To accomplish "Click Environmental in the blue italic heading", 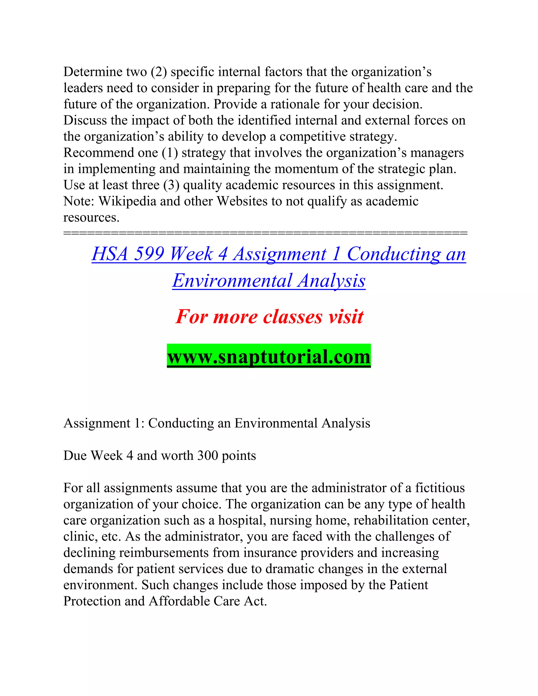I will coord(232,281).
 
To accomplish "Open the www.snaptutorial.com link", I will coord(269,356).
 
